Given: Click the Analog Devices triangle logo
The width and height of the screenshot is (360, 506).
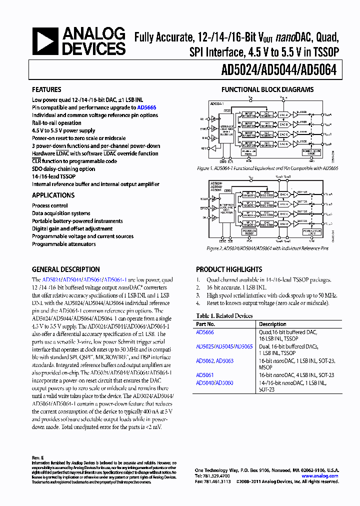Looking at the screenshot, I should [45, 41].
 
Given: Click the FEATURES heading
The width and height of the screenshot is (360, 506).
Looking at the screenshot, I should [46, 90].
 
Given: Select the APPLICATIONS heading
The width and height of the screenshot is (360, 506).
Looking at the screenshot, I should [53, 195].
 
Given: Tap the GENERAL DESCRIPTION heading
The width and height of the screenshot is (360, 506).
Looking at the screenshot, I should [65, 269].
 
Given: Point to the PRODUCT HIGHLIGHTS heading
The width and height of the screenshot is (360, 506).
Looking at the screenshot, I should [229, 269].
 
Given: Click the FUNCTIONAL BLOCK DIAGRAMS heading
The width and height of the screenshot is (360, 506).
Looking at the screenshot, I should [267, 90].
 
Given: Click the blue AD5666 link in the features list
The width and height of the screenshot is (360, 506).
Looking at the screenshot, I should [146, 107].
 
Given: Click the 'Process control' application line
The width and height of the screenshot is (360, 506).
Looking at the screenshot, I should [50, 205].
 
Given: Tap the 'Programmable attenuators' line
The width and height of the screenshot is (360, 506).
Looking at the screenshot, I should [63, 244].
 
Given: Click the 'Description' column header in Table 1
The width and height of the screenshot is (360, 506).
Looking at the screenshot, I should [272, 324].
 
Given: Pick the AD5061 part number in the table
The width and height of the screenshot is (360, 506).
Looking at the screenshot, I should [204, 375].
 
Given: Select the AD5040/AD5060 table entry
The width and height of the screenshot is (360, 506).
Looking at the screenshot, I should [214, 383].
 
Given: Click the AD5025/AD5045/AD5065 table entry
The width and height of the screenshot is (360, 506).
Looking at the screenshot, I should [224, 346].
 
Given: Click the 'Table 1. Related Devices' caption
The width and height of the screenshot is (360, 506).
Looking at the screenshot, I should [224, 316].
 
